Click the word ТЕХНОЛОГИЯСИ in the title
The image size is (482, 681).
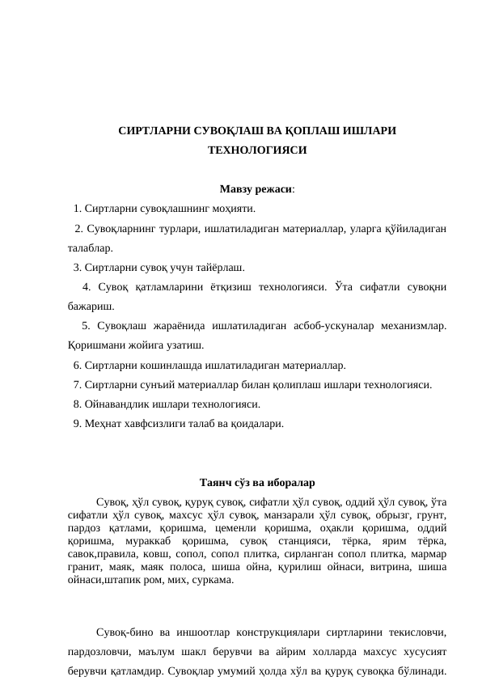(x=257, y=150)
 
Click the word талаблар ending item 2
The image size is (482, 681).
(x=91, y=247)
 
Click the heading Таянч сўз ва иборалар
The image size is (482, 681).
(x=257, y=484)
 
